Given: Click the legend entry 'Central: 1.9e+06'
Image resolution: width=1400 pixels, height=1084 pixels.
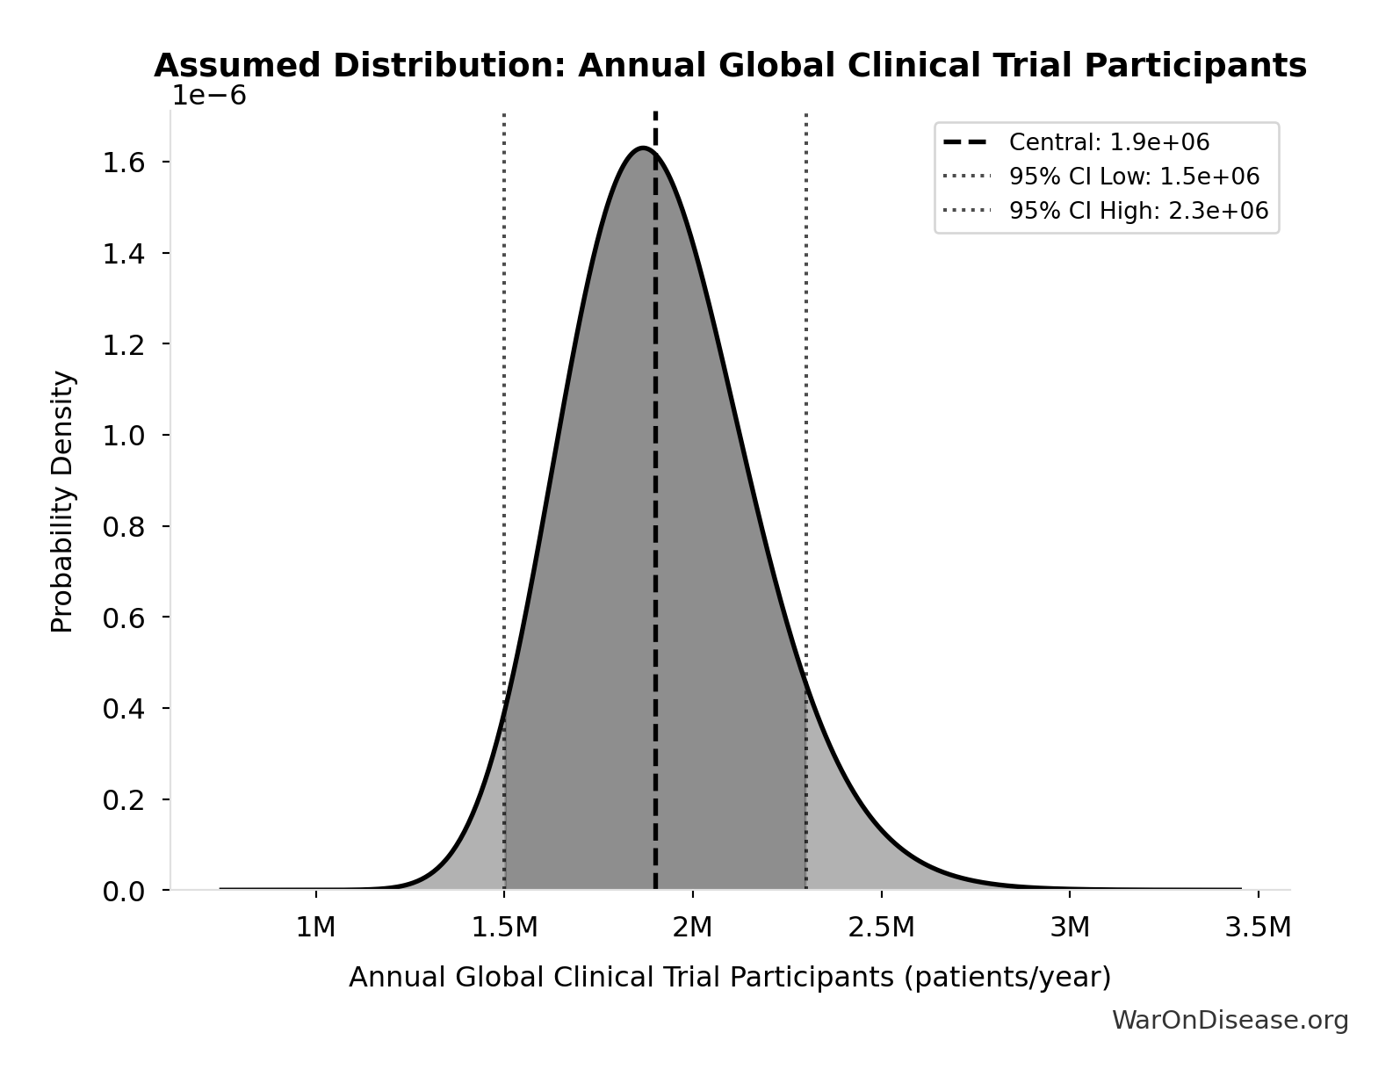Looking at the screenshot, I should point(1108,142).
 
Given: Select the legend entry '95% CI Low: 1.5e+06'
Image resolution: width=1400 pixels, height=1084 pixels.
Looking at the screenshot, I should point(1133,177).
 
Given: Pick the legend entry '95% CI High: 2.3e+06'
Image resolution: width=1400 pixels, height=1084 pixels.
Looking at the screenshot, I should point(1137,211).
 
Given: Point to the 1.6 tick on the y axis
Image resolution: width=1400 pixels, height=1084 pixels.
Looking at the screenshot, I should point(123,163).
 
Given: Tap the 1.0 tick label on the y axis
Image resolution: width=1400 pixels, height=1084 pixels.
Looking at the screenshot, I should point(123,436).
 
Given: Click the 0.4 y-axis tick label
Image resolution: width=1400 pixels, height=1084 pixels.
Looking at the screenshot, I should point(123,708).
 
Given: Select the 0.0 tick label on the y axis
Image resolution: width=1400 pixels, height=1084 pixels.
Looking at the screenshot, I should point(123,892).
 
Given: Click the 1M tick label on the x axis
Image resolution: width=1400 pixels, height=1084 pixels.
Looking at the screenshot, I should point(315,927).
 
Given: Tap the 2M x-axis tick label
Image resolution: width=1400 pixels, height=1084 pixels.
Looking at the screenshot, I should point(692,927).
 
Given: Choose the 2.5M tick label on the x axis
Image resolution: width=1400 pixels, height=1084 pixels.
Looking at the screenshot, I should point(881,927).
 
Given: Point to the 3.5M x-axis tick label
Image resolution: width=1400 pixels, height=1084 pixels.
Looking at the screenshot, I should point(1258,927).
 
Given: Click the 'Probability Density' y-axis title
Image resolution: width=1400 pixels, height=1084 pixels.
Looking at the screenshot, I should point(62,501).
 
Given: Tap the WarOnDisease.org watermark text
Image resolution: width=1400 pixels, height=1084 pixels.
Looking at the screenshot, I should point(1230,1020).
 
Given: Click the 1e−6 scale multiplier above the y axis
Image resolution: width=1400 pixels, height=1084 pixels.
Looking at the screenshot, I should point(208,96).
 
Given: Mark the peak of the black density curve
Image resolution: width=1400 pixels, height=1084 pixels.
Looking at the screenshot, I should point(644,148).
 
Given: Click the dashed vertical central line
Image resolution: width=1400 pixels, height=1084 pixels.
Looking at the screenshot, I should point(655,527).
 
